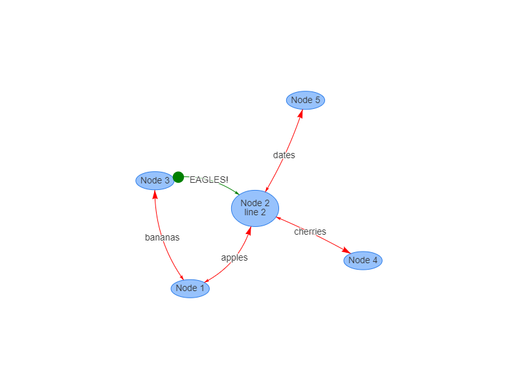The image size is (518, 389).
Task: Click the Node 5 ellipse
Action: [x=305, y=100]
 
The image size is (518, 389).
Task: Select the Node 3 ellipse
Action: [x=155, y=180]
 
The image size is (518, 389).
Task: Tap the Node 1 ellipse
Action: [x=190, y=288]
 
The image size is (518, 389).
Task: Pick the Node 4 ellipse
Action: [x=363, y=260]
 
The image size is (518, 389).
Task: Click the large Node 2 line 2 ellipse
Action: [x=255, y=208]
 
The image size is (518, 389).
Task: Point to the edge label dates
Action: [x=284, y=155]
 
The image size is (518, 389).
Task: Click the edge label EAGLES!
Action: [x=208, y=180]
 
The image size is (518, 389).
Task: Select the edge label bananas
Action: [x=162, y=237]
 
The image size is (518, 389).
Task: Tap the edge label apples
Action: [x=234, y=257]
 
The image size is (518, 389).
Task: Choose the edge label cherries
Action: [x=310, y=231]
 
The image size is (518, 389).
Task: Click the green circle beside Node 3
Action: [x=178, y=177]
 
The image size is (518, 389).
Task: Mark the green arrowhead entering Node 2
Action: [x=236, y=193]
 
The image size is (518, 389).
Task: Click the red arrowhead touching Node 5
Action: [x=300, y=114]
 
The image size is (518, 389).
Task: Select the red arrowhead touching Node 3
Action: [x=155, y=194]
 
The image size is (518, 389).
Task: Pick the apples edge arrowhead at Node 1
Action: [x=207, y=281]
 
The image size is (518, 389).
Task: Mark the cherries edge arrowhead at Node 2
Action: [x=279, y=218]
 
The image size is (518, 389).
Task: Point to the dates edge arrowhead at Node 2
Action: [x=267, y=189]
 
